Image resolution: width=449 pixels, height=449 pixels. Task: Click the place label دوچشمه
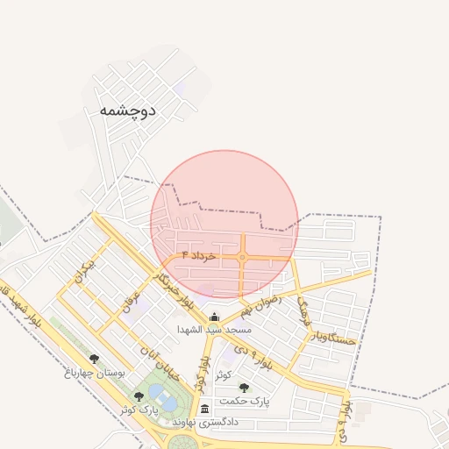pos(127,110)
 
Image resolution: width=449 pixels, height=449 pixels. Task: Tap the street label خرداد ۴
pos(198,254)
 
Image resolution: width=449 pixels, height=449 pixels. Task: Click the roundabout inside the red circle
pos(242,257)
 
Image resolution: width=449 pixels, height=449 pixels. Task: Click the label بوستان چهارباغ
pos(96,373)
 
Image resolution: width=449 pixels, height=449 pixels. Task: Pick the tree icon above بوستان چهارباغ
pos(95,359)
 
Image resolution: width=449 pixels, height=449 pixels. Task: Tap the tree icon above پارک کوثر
pos(139,396)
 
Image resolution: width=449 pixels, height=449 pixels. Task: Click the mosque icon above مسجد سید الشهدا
pos(215,317)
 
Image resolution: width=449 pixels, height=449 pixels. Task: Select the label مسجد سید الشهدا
pos(215,330)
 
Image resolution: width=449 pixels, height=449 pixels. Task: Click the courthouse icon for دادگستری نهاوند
pos(204,409)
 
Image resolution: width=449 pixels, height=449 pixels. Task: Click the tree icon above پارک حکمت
pos(245,387)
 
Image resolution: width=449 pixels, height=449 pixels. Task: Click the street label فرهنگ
pos(303,310)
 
